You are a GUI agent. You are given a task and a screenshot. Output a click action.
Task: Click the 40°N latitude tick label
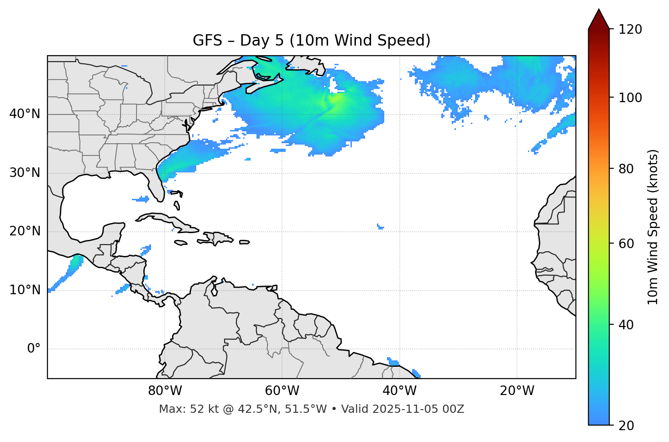[25, 114]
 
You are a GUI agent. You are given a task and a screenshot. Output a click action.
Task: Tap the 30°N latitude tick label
[25, 173]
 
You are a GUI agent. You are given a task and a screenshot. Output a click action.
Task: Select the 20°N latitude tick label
[25, 231]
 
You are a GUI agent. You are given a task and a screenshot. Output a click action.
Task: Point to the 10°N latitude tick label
[25, 290]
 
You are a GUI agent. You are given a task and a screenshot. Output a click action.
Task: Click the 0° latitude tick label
[33, 349]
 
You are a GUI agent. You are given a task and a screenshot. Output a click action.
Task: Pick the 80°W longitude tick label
[165, 391]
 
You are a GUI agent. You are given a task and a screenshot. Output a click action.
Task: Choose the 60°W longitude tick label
[282, 391]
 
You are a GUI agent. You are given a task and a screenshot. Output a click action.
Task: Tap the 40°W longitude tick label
[399, 391]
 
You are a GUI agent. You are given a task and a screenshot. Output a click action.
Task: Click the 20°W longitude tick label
[517, 391]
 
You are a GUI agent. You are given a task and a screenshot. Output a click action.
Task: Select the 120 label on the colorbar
[630, 30]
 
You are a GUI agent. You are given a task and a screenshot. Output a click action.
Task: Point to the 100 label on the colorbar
[630, 98]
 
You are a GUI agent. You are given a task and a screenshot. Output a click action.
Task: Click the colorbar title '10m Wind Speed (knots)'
[653, 227]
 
